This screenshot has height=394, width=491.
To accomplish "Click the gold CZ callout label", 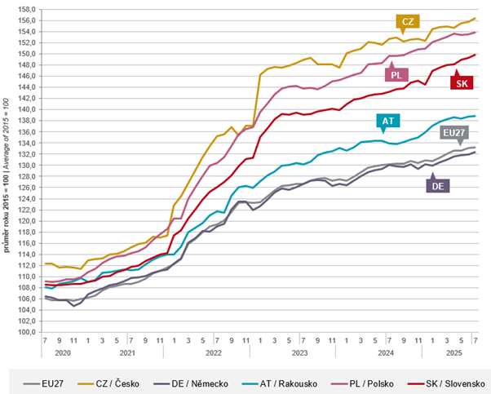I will (405, 20).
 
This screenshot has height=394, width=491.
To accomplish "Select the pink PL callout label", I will (396, 75).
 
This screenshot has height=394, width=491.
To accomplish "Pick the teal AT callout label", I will (388, 122).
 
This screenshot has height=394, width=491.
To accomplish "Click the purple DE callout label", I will (436, 185).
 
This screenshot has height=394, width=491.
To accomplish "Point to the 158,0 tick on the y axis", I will (27, 9).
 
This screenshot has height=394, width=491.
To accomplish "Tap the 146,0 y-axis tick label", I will (27, 76).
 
